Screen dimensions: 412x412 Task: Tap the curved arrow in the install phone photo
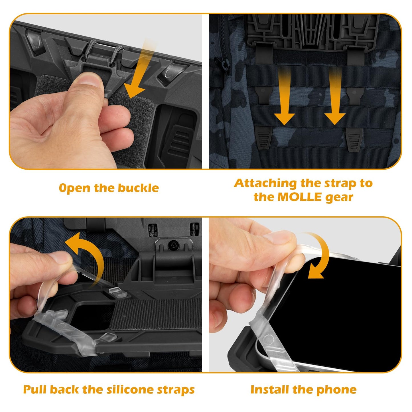point(318,257)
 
